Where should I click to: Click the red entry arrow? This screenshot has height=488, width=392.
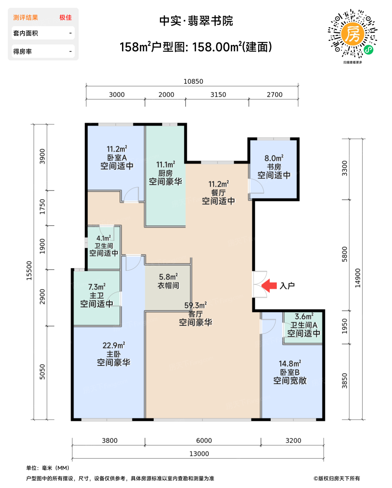pos(269,285)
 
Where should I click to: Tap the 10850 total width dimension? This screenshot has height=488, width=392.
pos(193,82)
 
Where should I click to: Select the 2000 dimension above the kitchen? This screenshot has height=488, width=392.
pos(166,94)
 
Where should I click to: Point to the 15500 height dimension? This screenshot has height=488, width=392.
pos(29,270)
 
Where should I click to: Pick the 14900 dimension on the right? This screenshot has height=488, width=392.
pos(358,278)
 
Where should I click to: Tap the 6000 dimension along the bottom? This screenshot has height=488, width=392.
pos(204,441)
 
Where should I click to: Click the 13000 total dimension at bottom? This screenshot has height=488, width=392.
pos(199,454)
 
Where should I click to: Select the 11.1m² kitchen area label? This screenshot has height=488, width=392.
pos(166,165)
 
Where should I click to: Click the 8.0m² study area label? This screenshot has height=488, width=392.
pos(274,158)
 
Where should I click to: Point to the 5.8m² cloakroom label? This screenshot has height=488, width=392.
pos(168,277)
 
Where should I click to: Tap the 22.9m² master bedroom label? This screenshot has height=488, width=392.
pos(114,345)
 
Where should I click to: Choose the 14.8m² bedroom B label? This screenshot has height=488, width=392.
pos(290,364)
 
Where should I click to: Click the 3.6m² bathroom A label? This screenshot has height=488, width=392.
pos(304,317)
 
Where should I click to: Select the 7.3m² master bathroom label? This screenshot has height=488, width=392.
pos(97,287)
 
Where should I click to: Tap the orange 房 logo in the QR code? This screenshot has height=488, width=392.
pos(353,34)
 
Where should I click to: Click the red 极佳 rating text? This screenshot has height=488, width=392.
pos(66,17)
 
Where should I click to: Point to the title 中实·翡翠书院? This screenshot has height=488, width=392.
pos(196,21)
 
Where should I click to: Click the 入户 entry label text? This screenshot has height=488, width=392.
pos(287,286)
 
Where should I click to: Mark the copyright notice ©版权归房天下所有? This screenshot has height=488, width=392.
pos(337,479)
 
